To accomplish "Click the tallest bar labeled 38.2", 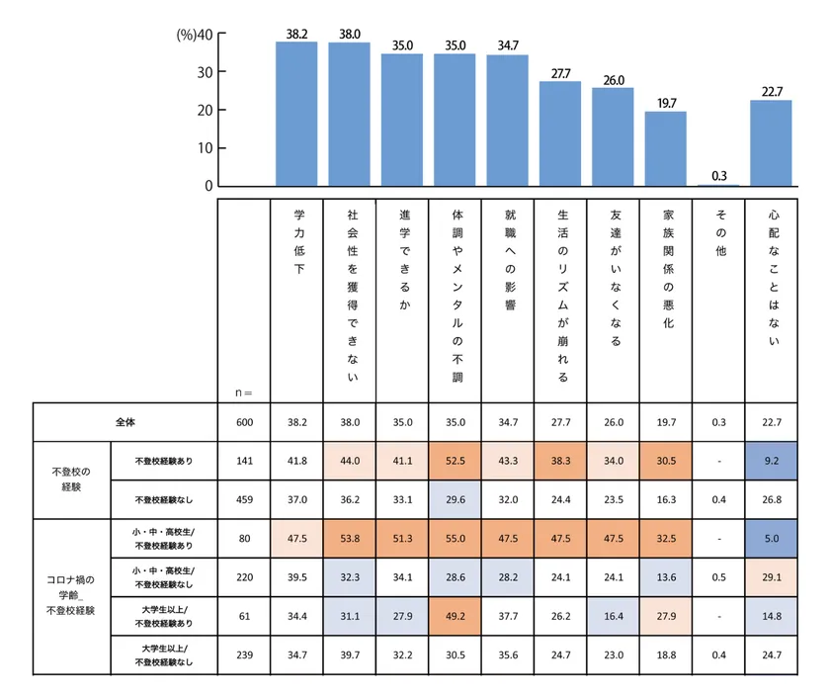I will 295,114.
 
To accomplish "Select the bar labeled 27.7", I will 559,133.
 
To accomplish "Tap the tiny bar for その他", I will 718,185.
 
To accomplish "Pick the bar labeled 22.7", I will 771,142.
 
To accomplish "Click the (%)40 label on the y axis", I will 195,35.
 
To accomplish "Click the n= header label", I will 244,392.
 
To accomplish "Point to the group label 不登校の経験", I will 69,478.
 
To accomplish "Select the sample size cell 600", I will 245,422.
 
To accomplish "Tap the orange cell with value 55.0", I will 456,539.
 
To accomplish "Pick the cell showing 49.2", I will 456,615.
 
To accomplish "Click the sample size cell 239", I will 245,653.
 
